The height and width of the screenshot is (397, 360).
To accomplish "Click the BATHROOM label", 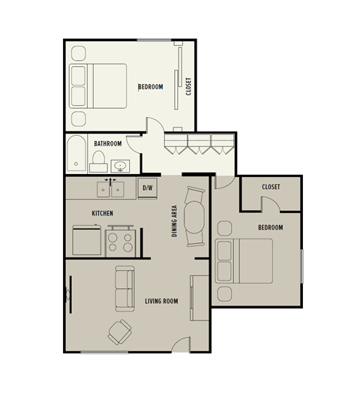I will [108, 143].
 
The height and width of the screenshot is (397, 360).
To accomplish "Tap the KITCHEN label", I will [103, 213].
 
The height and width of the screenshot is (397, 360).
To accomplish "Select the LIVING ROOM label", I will [161, 302].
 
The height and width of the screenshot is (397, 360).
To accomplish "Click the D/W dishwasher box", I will [148, 188].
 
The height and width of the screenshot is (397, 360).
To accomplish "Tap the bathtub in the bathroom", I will [76, 153].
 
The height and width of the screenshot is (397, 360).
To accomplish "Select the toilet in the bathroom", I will [97, 159].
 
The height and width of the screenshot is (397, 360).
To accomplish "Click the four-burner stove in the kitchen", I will [119, 239].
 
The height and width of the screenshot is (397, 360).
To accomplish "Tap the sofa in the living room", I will [124, 289].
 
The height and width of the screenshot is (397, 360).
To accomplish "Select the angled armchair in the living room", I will [118, 330].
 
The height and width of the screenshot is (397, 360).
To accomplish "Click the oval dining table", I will [196, 216].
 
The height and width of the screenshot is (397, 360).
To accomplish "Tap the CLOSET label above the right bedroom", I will [271, 187].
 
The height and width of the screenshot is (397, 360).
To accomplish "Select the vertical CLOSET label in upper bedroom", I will [189, 87].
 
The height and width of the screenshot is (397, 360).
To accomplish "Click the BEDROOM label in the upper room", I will [151, 87].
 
